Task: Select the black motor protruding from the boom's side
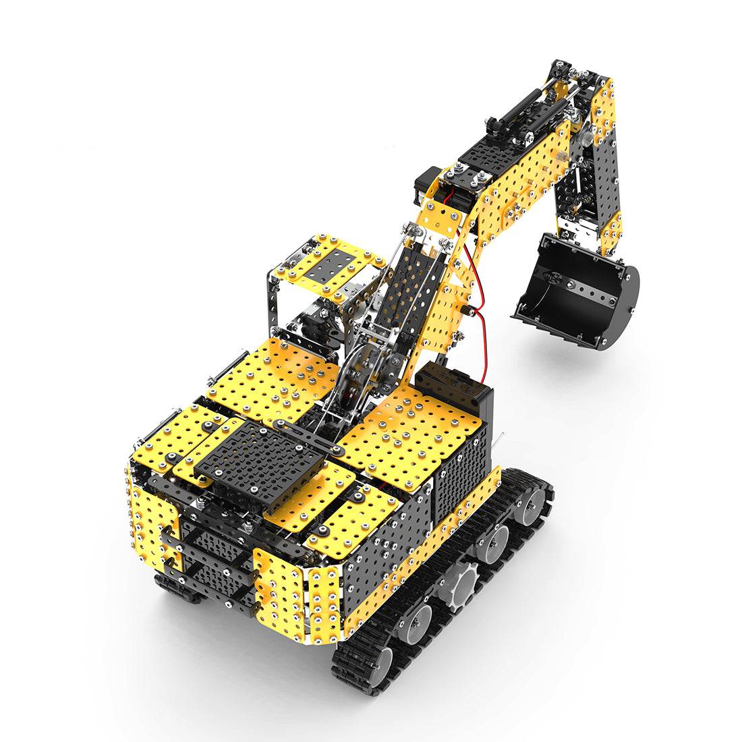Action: pyautogui.click(x=426, y=187)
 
